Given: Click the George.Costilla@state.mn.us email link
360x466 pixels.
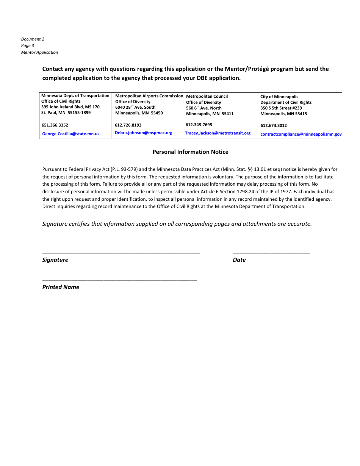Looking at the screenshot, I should (70, 134).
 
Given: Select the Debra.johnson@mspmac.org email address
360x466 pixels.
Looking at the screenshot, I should (143, 133).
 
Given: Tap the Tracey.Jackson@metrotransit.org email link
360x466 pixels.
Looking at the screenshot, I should (218, 133).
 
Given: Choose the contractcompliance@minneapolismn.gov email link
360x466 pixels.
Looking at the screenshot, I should (301, 134).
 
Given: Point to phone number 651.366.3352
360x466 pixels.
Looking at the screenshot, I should (55, 125).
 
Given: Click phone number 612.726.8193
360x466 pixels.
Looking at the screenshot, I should (128, 125).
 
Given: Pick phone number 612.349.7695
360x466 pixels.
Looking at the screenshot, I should (199, 125).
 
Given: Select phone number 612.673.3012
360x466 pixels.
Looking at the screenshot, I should (274, 125).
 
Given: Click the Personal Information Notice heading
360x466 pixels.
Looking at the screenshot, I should (190, 152).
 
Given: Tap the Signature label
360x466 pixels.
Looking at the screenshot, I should (55, 260).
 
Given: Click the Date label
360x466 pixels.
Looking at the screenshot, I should (239, 260).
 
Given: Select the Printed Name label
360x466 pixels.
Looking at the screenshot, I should (61, 287).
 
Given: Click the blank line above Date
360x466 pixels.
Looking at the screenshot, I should (271, 253).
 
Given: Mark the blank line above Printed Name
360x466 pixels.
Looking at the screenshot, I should (119, 280).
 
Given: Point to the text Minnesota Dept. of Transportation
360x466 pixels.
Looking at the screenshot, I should (75, 96).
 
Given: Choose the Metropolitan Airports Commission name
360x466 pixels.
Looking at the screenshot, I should (149, 96).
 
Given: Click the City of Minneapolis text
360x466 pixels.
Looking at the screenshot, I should (279, 97).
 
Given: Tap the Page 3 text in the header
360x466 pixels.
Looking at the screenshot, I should (28, 45).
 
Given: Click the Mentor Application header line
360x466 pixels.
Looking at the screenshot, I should (39, 52).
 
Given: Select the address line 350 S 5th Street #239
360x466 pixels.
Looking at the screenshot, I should (281, 108).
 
